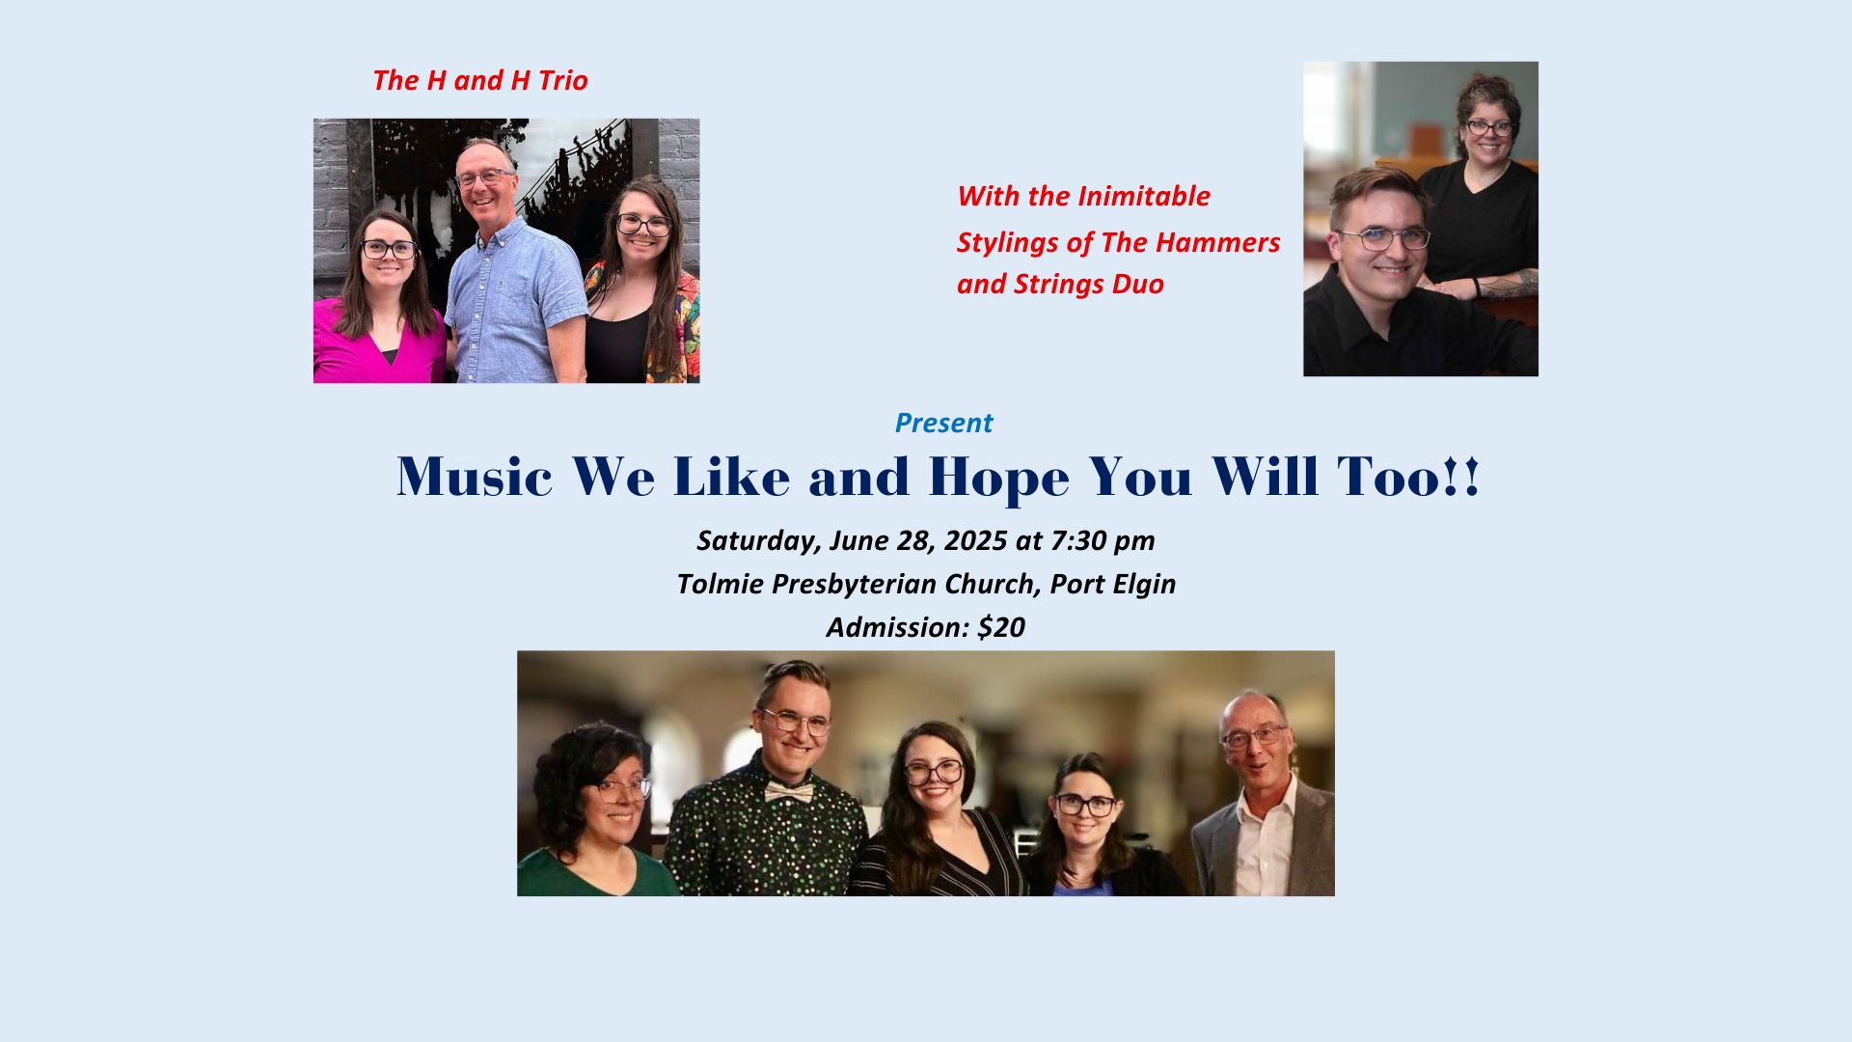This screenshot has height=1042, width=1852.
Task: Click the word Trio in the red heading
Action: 563,80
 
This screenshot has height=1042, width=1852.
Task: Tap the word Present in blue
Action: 943,423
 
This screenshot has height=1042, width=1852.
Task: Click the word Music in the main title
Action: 475,476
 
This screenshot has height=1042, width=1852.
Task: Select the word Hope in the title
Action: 998,478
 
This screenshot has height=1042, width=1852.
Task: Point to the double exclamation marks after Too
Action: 1461,477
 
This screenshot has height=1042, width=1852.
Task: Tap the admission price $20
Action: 1001,627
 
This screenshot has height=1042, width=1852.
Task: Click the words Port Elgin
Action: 1113,585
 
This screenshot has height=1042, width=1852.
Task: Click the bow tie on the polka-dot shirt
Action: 789,792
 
